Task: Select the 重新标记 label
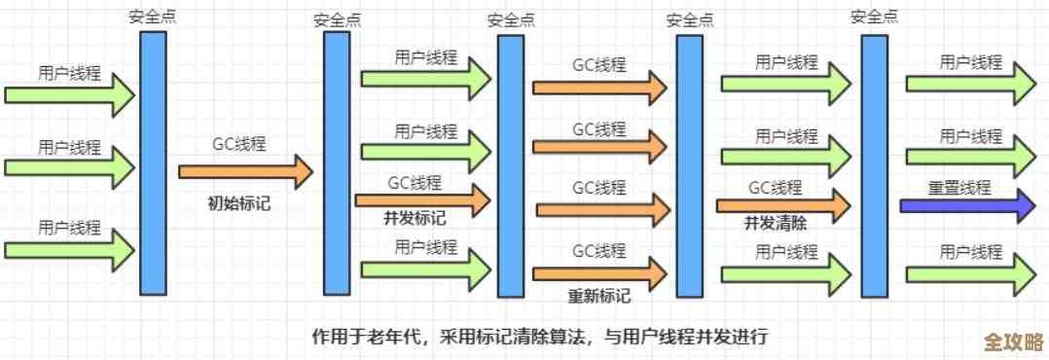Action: coord(599,296)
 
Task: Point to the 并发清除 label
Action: coord(776,222)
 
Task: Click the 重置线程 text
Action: coord(959,187)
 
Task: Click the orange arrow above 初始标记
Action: coord(244,172)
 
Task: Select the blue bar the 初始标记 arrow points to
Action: coord(336,162)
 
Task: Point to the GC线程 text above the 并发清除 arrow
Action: coord(776,187)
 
